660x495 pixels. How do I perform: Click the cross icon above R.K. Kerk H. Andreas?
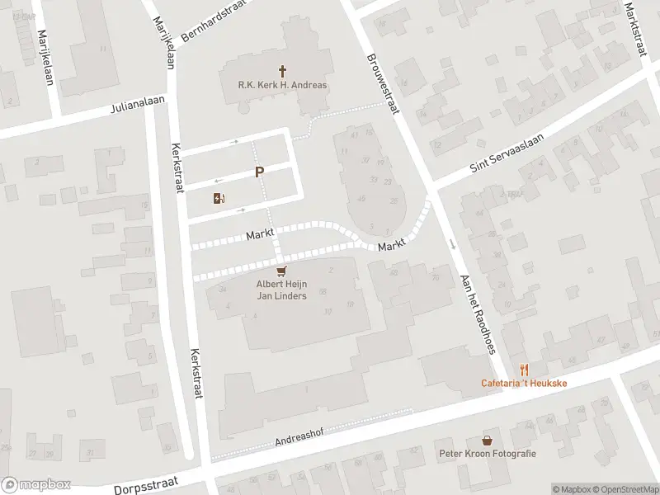tap(282, 72)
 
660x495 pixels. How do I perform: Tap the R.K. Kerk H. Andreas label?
tap(282, 85)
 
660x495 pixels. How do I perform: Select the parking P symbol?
tap(259, 172)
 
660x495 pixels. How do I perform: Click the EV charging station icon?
tap(219, 198)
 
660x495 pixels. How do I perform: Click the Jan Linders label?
tap(281, 296)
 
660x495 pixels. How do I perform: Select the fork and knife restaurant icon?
tap(523, 370)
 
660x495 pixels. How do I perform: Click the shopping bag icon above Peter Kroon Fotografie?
tap(488, 441)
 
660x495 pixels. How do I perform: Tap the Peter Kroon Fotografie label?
tap(488, 454)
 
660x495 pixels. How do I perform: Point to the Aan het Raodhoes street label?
tap(478, 313)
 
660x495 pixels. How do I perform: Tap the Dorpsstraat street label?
tap(157, 478)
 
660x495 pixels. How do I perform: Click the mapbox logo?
tap(35, 485)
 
